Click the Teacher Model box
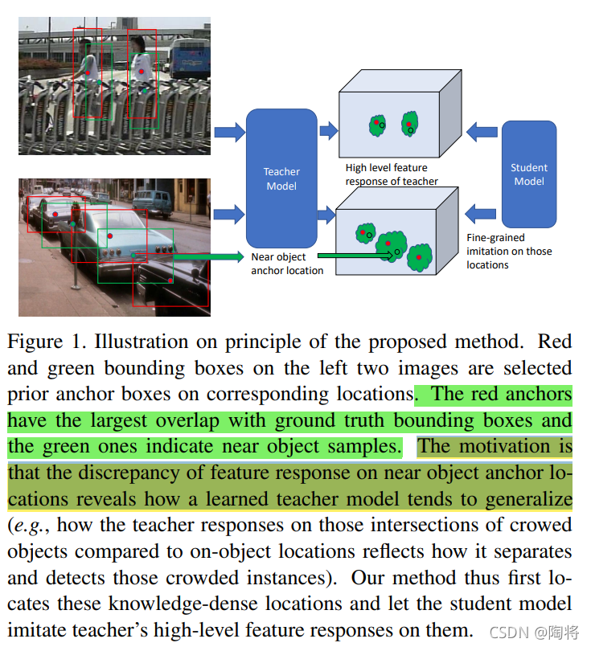tap(281, 178)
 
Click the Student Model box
tap(528, 174)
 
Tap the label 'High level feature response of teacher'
tap(392, 174)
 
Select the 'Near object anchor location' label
tap(287, 264)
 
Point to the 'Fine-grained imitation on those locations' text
tap(509, 251)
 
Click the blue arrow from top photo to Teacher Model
tap(228, 130)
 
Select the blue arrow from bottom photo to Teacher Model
tap(228, 213)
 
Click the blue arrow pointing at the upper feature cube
tap(328, 130)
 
